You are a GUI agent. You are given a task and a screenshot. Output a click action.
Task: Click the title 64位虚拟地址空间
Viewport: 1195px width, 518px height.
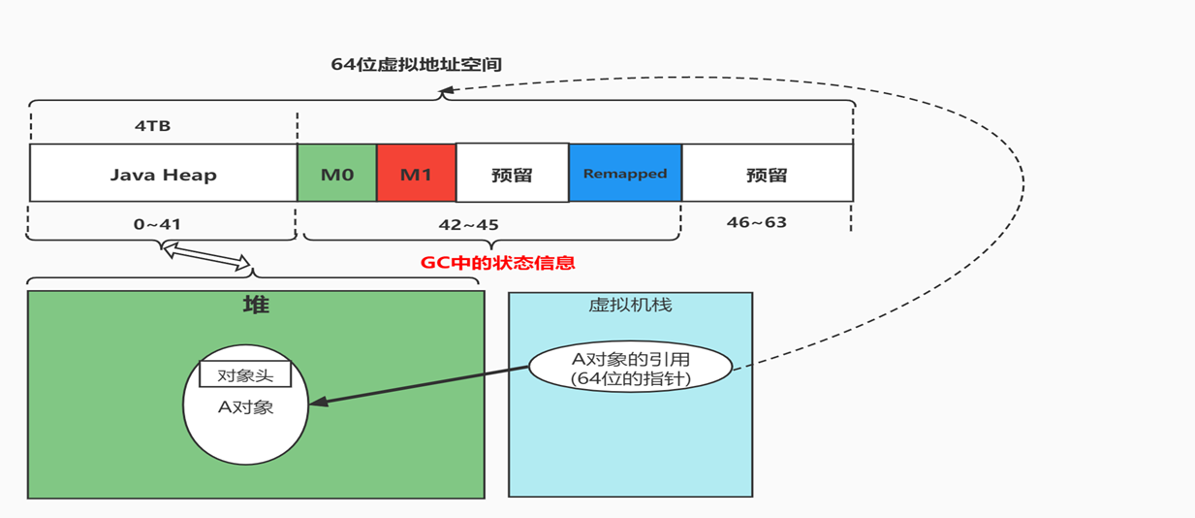[x=417, y=65]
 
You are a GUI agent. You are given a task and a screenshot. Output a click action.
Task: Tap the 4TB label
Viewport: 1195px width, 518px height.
[x=153, y=126]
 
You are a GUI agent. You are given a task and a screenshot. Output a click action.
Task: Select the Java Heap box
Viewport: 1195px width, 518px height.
[x=163, y=174]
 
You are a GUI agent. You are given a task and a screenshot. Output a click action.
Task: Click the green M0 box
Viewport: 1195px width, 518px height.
[x=337, y=174]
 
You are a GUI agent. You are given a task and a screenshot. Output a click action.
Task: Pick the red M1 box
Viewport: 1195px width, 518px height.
[x=416, y=174]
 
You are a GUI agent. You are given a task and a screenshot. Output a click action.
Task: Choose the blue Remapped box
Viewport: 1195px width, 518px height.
[x=625, y=174]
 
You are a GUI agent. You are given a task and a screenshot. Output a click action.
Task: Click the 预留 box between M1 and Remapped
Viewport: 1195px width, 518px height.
[x=512, y=175]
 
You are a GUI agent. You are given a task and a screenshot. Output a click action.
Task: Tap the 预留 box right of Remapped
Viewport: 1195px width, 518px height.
[x=767, y=175]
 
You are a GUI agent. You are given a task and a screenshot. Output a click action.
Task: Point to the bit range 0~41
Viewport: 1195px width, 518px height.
[x=157, y=224]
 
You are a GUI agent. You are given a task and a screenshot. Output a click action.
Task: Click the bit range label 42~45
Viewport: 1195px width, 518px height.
[x=468, y=224]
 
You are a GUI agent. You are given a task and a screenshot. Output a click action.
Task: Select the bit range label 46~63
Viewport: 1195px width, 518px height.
[x=756, y=222]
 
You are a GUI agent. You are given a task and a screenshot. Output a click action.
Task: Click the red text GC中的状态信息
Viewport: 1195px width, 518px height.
[x=497, y=263]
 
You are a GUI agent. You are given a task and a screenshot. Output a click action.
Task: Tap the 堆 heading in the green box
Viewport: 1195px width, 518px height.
[x=256, y=305]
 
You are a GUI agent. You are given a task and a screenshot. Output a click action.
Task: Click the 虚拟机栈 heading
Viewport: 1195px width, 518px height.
[x=630, y=305]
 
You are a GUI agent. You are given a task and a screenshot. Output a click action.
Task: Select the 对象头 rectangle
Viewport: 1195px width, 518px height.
[x=245, y=374]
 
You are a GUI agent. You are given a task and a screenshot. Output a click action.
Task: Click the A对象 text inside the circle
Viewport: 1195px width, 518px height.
[x=245, y=406]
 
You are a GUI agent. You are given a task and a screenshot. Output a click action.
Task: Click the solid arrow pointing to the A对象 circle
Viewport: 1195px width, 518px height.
[x=417, y=385]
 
